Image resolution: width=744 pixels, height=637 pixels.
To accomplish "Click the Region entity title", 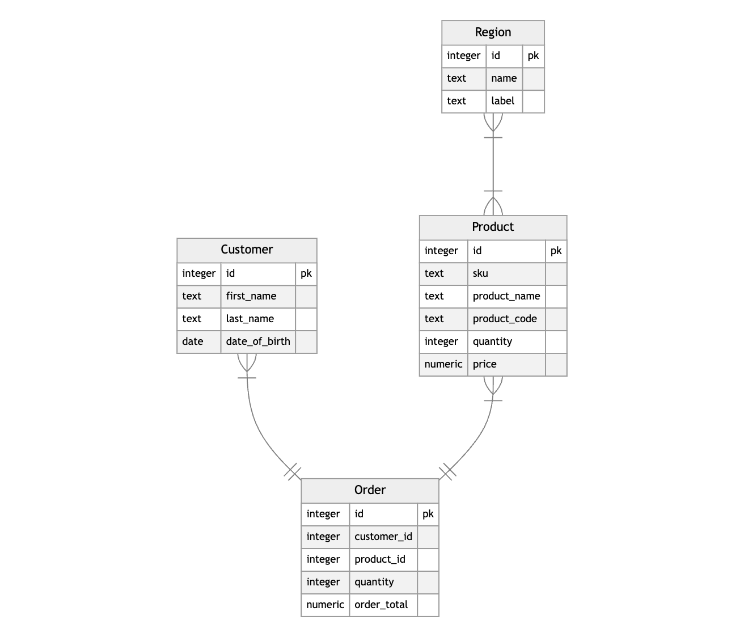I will tap(493, 32).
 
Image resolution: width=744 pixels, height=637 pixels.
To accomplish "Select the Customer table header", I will tap(247, 250).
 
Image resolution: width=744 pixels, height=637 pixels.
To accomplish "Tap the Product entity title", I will tap(493, 227).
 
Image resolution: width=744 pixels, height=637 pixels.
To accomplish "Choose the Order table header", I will tap(370, 490).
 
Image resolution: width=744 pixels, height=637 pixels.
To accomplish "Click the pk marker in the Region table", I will tap(533, 56).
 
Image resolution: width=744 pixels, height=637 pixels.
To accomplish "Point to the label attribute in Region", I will tap(502, 101).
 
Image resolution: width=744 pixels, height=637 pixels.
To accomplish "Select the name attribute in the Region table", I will tap(504, 78).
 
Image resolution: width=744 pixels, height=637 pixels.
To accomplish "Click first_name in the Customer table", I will tap(251, 296).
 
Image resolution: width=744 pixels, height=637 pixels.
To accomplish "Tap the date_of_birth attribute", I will tap(258, 341).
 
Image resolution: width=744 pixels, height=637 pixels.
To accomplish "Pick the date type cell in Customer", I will tap(193, 341).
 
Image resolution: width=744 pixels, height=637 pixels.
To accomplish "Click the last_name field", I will tap(250, 319).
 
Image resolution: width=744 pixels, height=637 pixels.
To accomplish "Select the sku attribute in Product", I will tap(480, 273).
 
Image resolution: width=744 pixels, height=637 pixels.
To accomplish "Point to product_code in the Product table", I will tap(505, 319).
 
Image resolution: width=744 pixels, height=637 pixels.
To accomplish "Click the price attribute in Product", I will tap(485, 364).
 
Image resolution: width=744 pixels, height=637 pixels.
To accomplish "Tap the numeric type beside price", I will tap(443, 364).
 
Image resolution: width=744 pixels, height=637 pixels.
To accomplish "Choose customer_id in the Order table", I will tap(383, 537).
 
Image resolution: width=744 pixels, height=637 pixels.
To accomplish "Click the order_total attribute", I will tap(381, 605).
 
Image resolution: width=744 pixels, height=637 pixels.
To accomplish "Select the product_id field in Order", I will tap(380, 559).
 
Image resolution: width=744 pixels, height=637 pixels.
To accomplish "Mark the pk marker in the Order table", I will tap(428, 514).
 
